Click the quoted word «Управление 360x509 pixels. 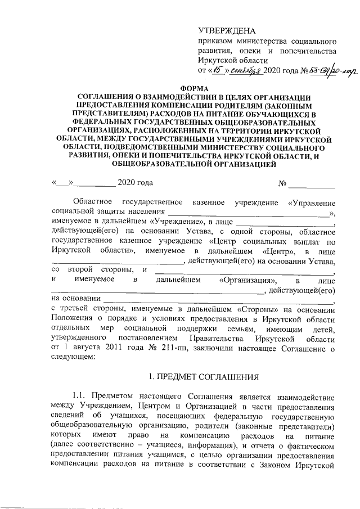[x=312, y=201]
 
